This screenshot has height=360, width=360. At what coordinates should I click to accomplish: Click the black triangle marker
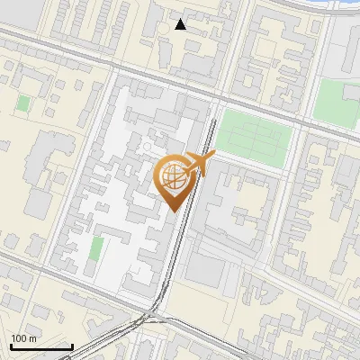coord(181,24)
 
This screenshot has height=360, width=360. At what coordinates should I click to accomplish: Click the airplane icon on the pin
coord(199,165)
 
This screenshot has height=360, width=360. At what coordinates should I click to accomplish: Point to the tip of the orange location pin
coord(173,211)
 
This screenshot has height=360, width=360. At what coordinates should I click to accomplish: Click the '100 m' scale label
coord(23,338)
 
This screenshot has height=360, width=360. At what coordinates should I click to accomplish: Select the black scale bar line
coord(40,346)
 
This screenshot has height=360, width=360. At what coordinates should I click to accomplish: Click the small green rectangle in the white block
coord(96,249)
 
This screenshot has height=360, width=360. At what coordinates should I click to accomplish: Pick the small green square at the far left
coord(22,103)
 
